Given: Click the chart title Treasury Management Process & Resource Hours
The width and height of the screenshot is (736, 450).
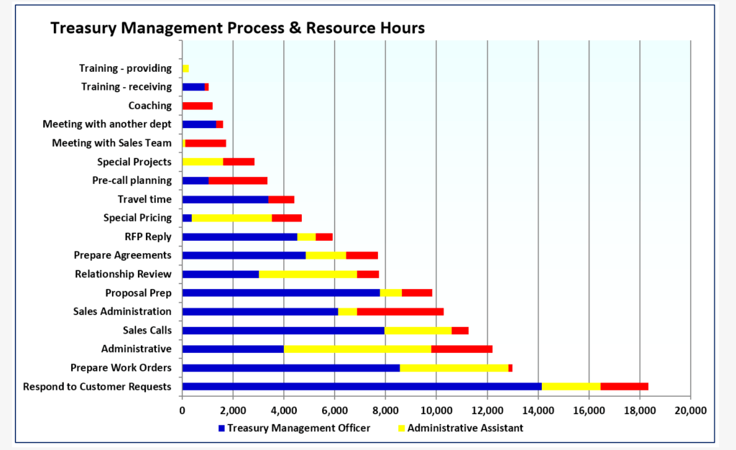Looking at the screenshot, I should click(x=237, y=29).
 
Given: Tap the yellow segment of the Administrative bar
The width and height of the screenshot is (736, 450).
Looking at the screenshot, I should click(x=357, y=349).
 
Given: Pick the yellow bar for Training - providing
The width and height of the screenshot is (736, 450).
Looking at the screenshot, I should click(x=185, y=68).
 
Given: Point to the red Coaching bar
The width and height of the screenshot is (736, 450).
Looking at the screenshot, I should click(x=198, y=106).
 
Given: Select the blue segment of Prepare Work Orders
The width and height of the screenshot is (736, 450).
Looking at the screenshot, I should click(x=291, y=368).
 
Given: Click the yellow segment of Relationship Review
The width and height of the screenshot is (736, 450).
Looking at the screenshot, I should click(x=308, y=275).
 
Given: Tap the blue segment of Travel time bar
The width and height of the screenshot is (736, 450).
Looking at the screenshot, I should click(x=225, y=200).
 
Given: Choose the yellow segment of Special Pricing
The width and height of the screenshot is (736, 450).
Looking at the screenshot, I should click(x=231, y=219).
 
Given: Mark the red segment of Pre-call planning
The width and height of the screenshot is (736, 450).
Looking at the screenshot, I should click(x=238, y=181).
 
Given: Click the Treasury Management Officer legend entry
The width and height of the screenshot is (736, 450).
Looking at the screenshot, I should click(x=294, y=428).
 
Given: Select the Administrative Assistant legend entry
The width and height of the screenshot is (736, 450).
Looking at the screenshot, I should click(x=460, y=428).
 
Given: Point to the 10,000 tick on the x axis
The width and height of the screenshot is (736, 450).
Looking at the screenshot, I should click(x=436, y=410).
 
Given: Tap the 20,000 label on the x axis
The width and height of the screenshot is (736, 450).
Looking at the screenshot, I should click(x=690, y=410).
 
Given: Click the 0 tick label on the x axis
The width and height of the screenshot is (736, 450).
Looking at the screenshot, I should click(x=183, y=410).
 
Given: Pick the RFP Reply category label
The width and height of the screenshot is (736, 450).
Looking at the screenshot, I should click(x=148, y=237).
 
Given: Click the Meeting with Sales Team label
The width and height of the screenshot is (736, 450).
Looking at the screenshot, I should click(x=111, y=143).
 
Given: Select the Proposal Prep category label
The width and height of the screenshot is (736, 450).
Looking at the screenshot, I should click(x=138, y=293).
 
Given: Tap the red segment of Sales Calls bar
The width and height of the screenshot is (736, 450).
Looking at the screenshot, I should click(x=459, y=331).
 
